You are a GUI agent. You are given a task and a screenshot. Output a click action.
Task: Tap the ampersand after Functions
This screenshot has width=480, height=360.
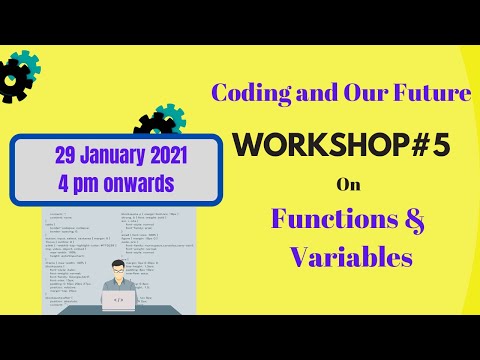point(403,219)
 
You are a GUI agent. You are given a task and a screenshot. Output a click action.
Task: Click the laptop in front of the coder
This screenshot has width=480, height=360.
point(119,300)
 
